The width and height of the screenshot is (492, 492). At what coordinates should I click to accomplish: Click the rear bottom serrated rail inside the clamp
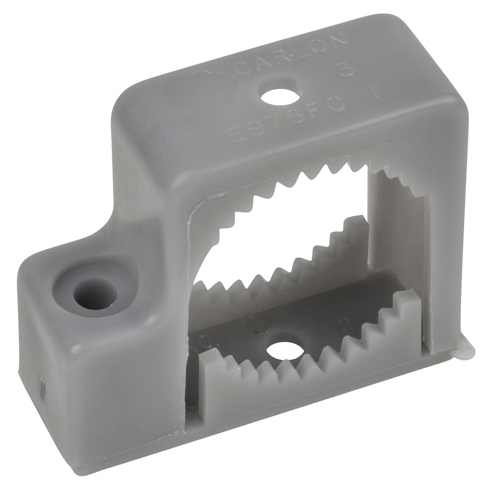288,269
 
